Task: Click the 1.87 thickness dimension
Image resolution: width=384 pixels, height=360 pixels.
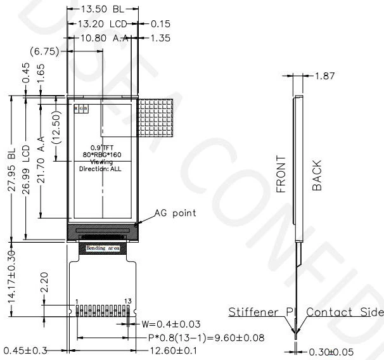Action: pyautogui.click(x=328, y=75)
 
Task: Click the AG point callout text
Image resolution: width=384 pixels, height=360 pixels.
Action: pyautogui.click(x=176, y=213)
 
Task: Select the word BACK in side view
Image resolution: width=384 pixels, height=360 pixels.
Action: pyautogui.click(x=317, y=175)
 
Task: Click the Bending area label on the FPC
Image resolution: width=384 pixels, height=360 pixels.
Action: pyautogui.click(x=103, y=248)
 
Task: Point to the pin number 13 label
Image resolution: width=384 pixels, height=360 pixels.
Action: pyautogui.click(x=129, y=300)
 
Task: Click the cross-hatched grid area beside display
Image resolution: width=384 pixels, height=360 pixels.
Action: pyautogui.click(x=155, y=117)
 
